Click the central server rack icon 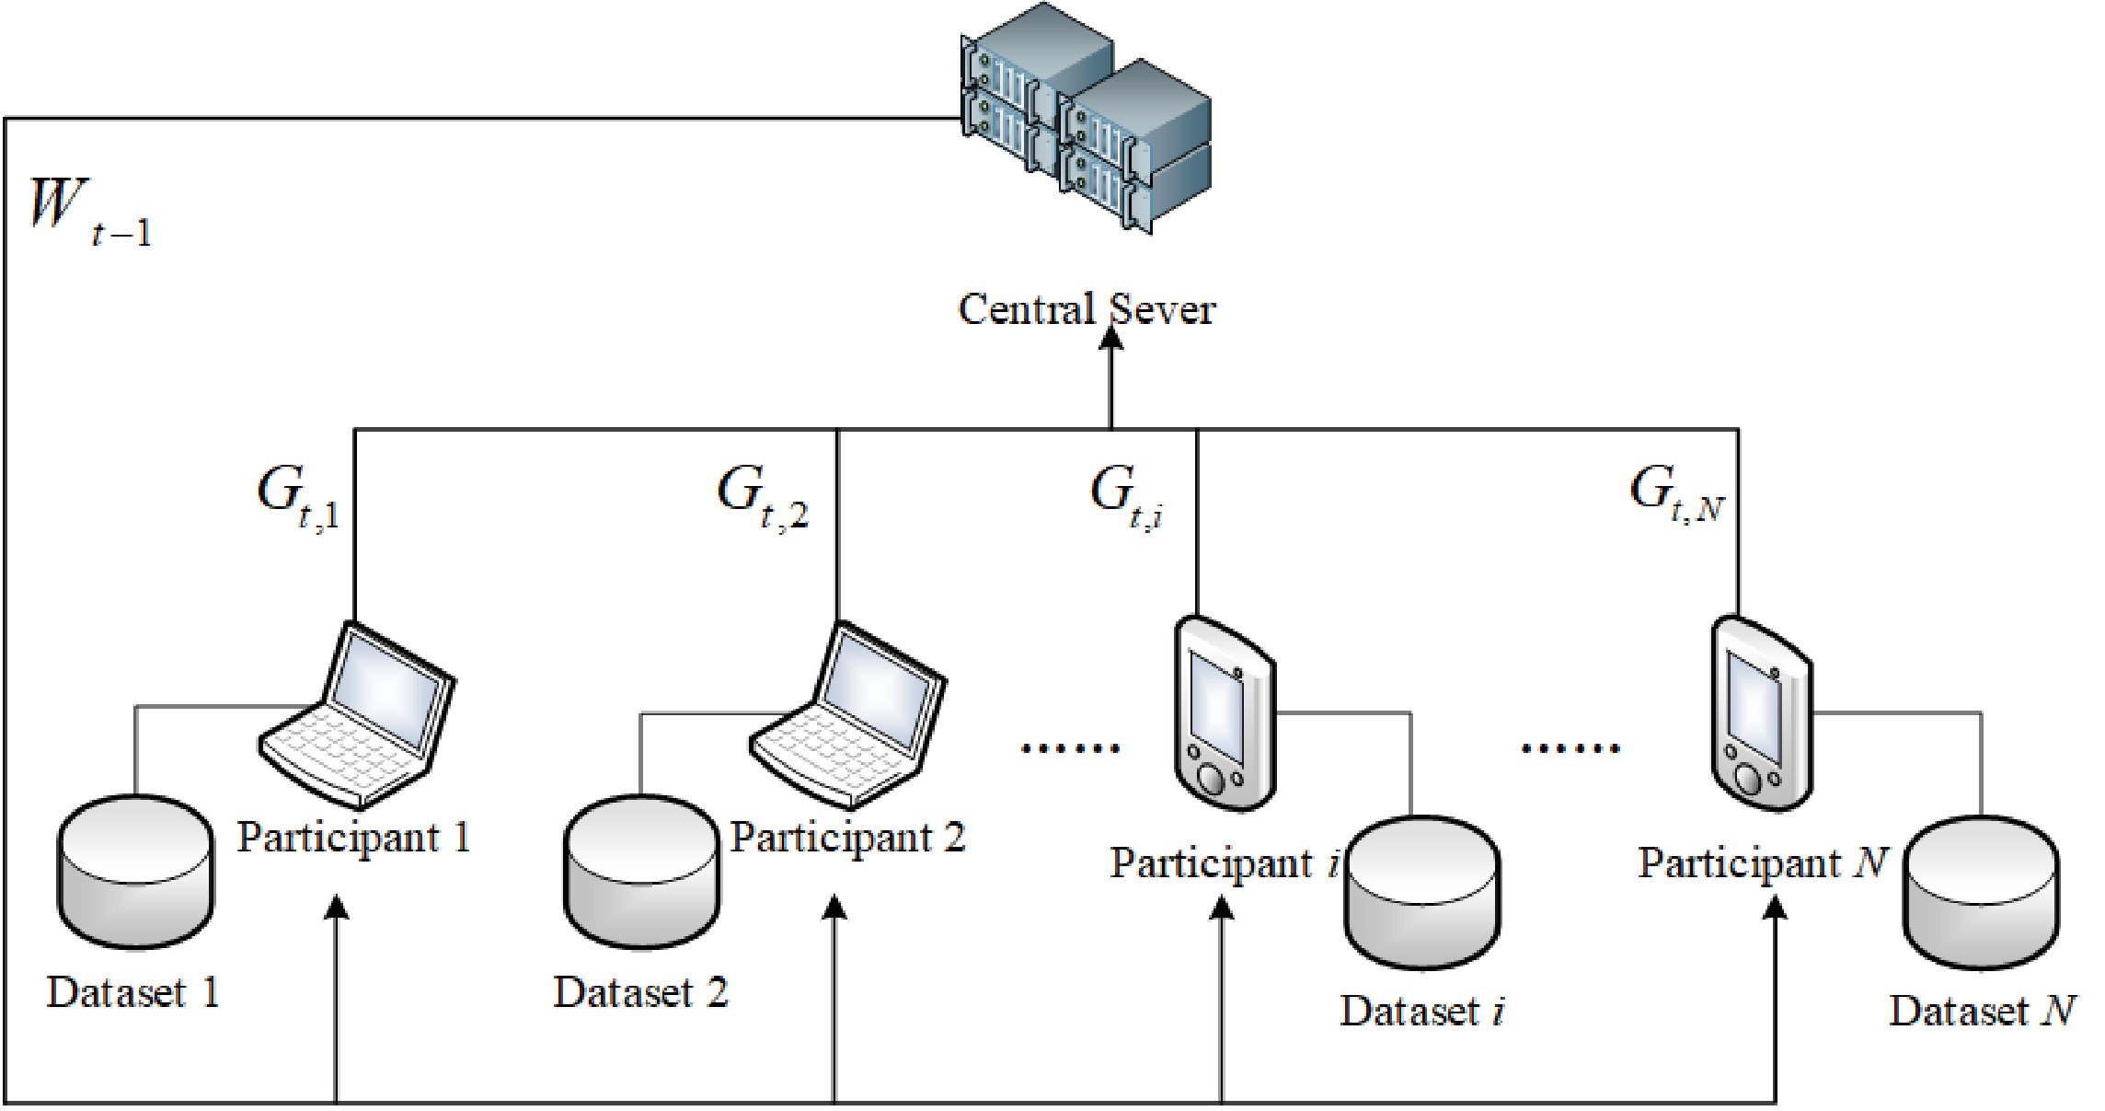tap(1086, 129)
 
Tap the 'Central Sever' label tap(1087, 309)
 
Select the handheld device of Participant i tap(1225, 713)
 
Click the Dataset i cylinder tap(1422, 892)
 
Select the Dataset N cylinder tap(1981, 892)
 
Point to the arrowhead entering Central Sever tap(1112, 339)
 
